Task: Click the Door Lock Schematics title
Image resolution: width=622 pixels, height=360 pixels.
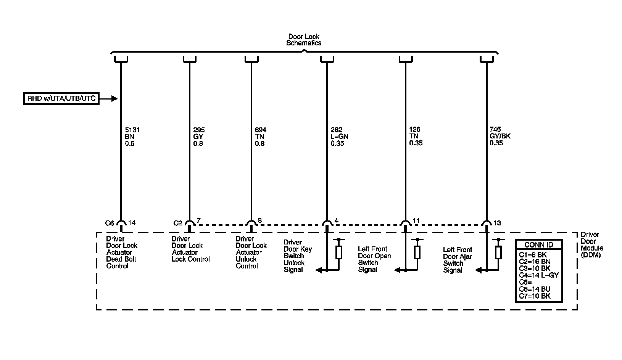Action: [304, 40]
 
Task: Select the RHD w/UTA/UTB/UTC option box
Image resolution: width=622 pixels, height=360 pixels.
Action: [61, 99]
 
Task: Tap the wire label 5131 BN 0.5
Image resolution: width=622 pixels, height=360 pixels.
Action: [132, 137]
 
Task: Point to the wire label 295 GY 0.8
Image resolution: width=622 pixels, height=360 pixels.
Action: [198, 137]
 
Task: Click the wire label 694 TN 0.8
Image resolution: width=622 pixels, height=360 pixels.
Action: [261, 137]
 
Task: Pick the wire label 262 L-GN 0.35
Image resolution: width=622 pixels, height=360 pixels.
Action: [339, 137]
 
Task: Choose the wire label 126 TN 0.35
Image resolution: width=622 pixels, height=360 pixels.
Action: [416, 137]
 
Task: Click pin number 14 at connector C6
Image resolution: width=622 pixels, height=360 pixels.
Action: [132, 223]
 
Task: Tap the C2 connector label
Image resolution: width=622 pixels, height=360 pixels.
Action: [178, 223]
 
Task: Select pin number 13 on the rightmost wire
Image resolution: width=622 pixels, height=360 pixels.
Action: [497, 223]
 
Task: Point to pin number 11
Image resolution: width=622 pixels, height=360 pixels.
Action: [416, 221]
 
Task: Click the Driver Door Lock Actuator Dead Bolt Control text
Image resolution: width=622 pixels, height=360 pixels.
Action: [122, 252]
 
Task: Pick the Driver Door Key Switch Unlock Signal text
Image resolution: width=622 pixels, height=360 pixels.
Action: [298, 256]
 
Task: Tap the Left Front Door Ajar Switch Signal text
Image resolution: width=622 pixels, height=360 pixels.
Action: [458, 260]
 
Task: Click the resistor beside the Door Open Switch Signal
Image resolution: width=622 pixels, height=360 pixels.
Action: [417, 252]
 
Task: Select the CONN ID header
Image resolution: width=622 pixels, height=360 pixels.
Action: [538, 245]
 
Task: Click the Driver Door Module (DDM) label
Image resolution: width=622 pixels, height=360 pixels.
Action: [591, 245]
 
